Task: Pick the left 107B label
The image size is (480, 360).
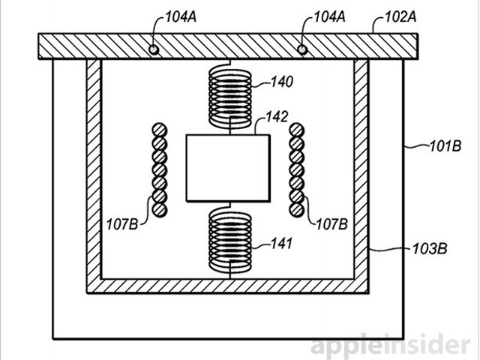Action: coord(121,223)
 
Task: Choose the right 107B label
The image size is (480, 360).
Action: coord(329,223)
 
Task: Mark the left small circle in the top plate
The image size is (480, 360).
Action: coord(154,49)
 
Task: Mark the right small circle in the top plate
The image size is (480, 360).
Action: coord(302,49)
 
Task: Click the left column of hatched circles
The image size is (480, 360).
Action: coord(159,169)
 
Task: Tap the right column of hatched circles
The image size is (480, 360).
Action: coord(295,169)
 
